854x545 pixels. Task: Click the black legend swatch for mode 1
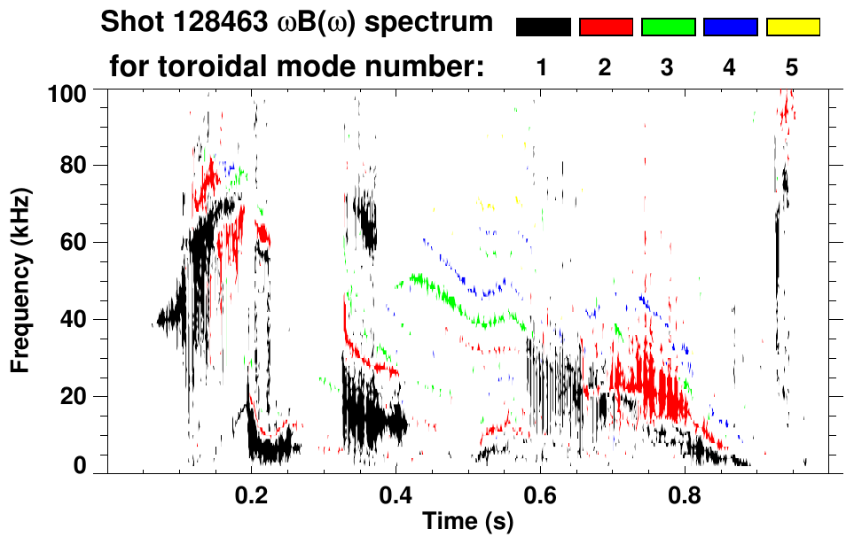544,27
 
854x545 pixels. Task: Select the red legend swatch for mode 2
606,27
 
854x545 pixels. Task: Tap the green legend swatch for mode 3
668,27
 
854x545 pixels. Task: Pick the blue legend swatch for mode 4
730,27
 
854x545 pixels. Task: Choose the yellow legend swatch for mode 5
793,27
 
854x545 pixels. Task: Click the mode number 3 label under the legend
668,66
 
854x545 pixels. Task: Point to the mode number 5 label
792,66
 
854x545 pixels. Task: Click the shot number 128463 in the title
207,23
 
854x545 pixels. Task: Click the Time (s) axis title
467,522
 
